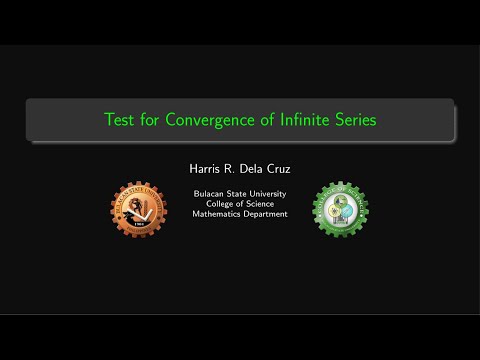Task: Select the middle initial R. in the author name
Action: (x=223, y=168)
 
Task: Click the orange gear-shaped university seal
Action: (x=138, y=210)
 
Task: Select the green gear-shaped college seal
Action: (x=341, y=210)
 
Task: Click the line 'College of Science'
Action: (x=240, y=203)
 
